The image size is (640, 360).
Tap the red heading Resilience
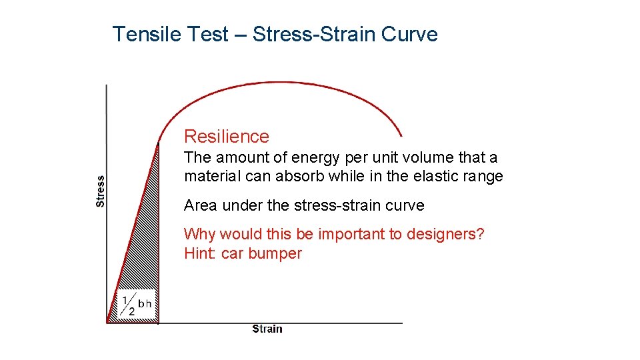(227, 137)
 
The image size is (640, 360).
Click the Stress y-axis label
(101, 191)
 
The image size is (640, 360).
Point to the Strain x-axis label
(267, 329)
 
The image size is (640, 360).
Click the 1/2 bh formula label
(137, 304)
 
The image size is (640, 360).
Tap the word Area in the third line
(200, 205)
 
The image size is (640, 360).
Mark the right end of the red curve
(401, 135)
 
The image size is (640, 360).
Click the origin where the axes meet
(107, 323)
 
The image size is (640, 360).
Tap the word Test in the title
(207, 34)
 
